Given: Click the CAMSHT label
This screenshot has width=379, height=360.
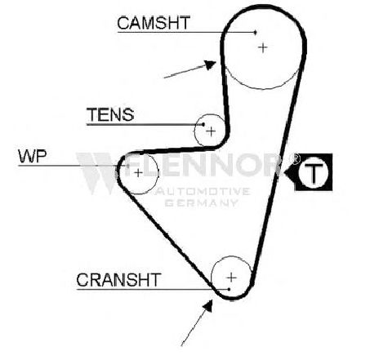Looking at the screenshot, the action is (x=154, y=23).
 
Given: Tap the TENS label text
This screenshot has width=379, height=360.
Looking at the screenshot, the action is (x=110, y=115).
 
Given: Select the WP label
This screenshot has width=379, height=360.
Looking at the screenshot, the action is (x=33, y=156).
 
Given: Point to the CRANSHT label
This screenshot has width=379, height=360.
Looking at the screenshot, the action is (x=118, y=280).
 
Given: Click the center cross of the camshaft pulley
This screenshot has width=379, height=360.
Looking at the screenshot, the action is (x=263, y=48).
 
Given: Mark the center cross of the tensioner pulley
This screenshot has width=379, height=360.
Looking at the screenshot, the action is (x=211, y=131).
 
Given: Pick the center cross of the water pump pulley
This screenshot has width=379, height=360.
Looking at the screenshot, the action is (x=138, y=172).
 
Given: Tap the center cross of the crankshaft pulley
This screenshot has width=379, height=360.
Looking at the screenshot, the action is (x=231, y=278).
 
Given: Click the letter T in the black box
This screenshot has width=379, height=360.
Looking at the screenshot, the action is (x=314, y=172).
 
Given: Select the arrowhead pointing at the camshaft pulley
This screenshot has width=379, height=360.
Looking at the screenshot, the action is (x=211, y=64).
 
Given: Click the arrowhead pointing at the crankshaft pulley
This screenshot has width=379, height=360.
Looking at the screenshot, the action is (x=208, y=305).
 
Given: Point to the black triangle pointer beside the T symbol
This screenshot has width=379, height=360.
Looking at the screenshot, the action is (x=290, y=172).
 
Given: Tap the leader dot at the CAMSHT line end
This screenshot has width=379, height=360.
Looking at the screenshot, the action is (x=255, y=33).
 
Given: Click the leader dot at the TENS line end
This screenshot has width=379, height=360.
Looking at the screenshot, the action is (x=203, y=125).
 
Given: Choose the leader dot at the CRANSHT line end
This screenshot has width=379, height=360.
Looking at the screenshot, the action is (x=229, y=289).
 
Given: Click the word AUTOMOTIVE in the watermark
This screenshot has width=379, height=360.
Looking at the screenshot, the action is (x=203, y=192).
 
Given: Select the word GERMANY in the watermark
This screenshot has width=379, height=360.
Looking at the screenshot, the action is (x=202, y=202).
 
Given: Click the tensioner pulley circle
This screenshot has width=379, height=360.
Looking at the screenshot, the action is (x=194, y=130).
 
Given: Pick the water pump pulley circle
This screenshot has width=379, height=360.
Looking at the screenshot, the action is (x=158, y=173).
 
